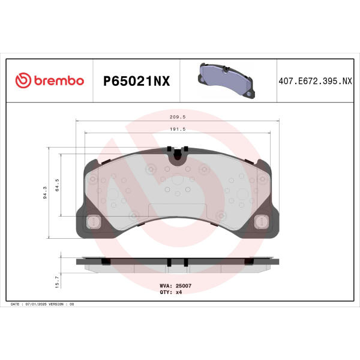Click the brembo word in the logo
coord(59,80)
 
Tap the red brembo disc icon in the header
coord(23,80)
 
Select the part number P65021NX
coord(137,81)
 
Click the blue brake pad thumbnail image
coord(226,80)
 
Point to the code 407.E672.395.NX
coord(315,81)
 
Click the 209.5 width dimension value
coord(178,117)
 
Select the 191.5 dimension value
coord(178,129)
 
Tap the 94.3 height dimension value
coord(45,193)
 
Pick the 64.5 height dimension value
coord(57,185)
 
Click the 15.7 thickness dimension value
coord(57,282)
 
